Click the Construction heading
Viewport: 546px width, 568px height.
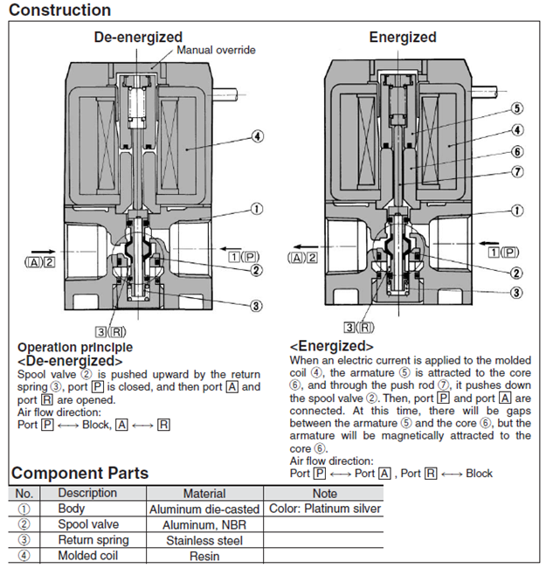coord(59,10)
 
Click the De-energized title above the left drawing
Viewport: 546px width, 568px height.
coord(138,37)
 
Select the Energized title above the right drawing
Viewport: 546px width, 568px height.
coord(402,37)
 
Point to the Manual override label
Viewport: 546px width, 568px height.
coord(216,51)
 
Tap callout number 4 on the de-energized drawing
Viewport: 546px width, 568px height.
coord(258,136)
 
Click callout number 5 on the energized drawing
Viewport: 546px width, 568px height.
coord(517,108)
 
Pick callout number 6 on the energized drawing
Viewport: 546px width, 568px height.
coord(517,150)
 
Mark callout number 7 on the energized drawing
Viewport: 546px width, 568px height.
coord(517,172)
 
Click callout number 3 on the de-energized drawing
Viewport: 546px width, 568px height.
coord(257,306)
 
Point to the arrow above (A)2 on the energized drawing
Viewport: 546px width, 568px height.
coord(303,246)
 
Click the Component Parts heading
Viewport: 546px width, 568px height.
coord(79,473)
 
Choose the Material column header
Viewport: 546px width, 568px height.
coord(204,493)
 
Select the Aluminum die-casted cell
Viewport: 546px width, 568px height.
coord(204,509)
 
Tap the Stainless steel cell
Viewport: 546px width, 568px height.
coord(204,540)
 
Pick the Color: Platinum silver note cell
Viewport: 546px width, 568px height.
coord(324,509)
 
